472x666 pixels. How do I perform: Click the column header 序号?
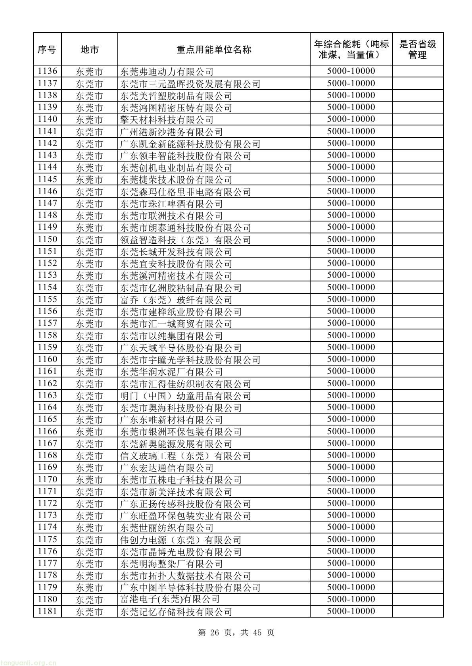47,50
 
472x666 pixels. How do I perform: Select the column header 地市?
90,50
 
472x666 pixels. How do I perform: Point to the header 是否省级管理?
417,50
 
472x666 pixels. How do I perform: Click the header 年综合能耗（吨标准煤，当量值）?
351,50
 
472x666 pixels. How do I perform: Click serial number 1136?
47,71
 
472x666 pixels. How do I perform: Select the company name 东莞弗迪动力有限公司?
167,72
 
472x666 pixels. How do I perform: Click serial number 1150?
47,239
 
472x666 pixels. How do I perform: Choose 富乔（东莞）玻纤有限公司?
176,300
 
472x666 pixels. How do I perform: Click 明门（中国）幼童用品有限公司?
186,396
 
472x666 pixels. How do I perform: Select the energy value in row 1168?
351,455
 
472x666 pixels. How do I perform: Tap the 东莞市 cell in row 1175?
90,539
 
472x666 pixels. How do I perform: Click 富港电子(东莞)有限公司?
170,599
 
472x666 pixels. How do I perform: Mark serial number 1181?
47,611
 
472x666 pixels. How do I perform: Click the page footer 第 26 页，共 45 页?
236,632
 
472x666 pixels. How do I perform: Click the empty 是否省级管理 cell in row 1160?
417,360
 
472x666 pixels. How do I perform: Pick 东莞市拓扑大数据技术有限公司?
186,576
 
